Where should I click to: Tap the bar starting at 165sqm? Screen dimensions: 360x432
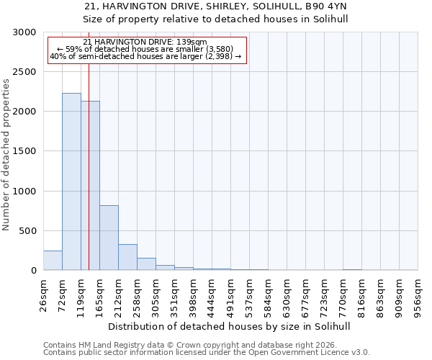pos(109,238)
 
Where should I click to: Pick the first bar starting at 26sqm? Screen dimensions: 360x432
pos(53,261)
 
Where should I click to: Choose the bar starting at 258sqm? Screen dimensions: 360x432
pos(146,264)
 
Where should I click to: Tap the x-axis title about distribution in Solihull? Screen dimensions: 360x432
pos(230,326)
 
